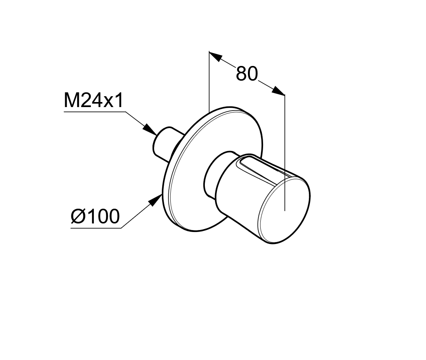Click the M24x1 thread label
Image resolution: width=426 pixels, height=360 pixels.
tap(94, 100)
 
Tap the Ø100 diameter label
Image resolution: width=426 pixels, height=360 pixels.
tap(95, 216)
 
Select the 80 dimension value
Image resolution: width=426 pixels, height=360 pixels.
tap(247, 74)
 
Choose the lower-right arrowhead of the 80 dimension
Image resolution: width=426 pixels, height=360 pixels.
tap(278, 91)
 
